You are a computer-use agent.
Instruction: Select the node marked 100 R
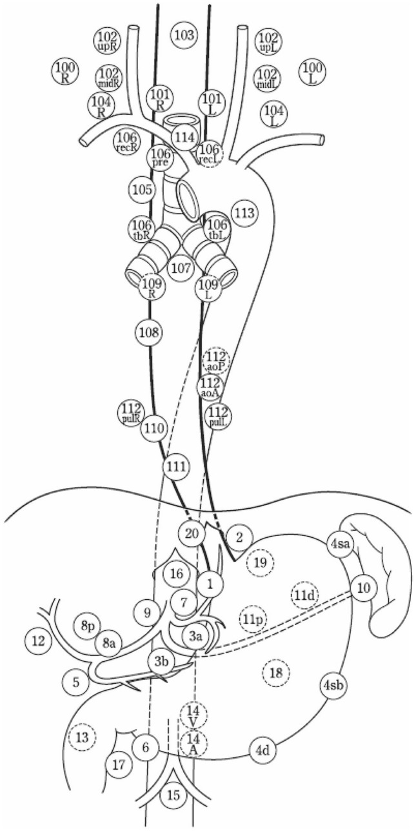(x=64, y=71)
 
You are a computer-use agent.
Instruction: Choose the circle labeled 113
(x=244, y=214)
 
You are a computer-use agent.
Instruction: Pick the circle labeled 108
(x=148, y=333)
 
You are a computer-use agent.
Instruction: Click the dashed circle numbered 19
(x=260, y=562)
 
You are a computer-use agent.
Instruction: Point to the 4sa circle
(x=341, y=544)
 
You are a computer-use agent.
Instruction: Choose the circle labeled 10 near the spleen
(x=364, y=588)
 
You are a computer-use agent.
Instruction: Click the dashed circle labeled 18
(x=275, y=674)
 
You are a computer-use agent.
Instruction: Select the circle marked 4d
(x=262, y=751)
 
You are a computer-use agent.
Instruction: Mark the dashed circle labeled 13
(x=82, y=738)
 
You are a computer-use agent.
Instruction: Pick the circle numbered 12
(x=37, y=641)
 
